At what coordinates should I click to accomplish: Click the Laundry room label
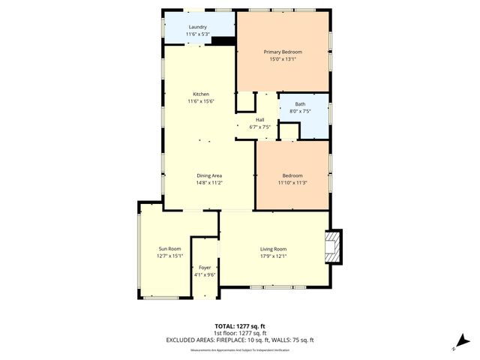(197, 27)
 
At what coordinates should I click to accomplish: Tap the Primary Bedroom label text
(283, 52)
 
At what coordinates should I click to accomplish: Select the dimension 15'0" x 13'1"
(283, 59)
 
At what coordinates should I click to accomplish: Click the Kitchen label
(200, 94)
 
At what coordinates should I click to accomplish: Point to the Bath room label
(300, 104)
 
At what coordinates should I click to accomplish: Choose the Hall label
(259, 120)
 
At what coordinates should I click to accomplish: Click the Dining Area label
(209, 175)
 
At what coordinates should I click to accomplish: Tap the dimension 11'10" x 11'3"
(292, 181)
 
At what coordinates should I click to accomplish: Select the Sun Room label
(169, 249)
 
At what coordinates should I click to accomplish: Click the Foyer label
(205, 267)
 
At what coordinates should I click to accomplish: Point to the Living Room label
(274, 249)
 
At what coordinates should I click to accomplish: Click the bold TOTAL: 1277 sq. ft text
(240, 326)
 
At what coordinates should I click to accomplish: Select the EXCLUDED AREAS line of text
(240, 340)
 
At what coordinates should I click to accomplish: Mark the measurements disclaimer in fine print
(240, 349)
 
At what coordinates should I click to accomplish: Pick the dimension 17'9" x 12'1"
(274, 256)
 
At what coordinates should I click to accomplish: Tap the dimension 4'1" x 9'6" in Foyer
(205, 274)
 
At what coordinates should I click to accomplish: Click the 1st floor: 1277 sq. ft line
(240, 333)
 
